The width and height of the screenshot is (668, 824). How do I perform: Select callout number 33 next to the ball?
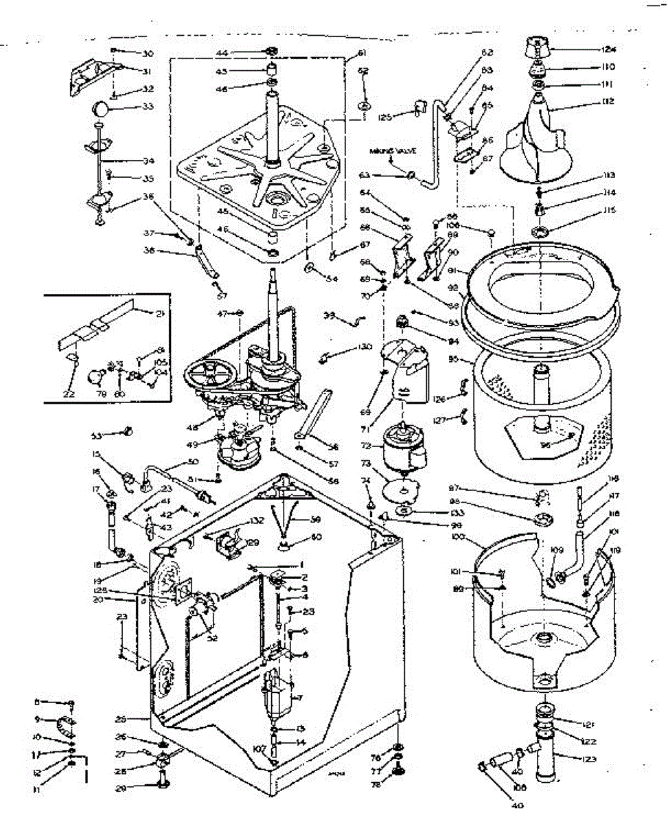148,106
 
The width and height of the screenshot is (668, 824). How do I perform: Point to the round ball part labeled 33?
100,108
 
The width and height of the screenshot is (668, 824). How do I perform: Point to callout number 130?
365,347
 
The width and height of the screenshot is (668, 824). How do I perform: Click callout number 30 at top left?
148,53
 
